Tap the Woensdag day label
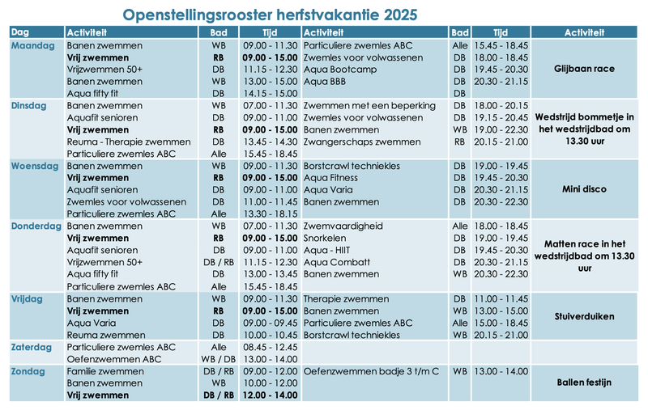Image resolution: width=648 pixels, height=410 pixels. pos(34,166)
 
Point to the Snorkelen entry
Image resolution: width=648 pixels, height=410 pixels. pos(325,239)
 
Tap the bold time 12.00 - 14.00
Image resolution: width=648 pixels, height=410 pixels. pos(270,395)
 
